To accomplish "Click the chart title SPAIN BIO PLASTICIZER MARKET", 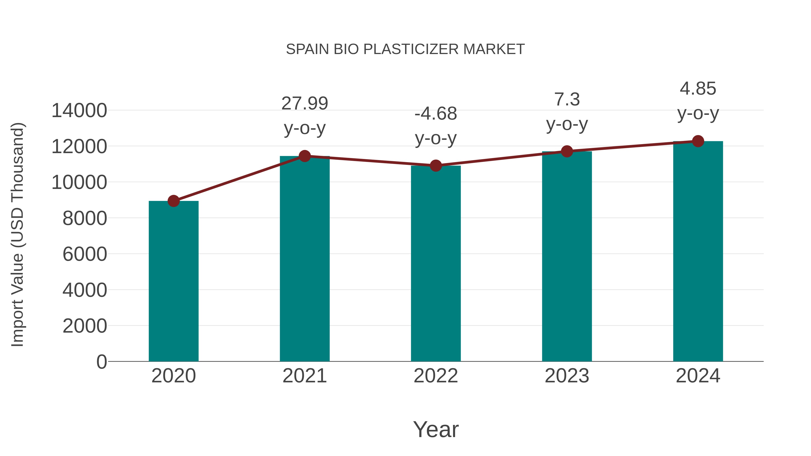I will (x=405, y=49).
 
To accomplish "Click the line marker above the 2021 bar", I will (x=304, y=156).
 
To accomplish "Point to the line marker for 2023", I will (x=567, y=151).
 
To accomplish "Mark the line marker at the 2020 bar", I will (x=173, y=201).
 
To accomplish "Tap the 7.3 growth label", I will (x=567, y=100).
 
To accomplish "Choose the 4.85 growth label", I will (x=698, y=88).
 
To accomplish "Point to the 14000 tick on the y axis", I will (x=79, y=111).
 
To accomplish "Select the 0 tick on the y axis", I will (x=101, y=362).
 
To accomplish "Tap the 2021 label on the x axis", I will (x=304, y=376).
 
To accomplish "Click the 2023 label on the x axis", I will (x=567, y=376).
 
